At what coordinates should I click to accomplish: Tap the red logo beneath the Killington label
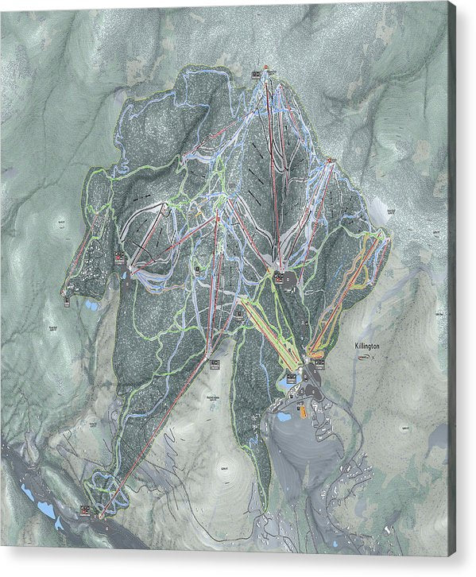364,358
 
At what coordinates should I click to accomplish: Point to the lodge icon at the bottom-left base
85,510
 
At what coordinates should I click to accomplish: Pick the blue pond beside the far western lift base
92,304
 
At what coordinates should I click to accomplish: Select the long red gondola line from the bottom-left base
159,429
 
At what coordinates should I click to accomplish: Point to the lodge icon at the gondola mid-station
214,363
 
